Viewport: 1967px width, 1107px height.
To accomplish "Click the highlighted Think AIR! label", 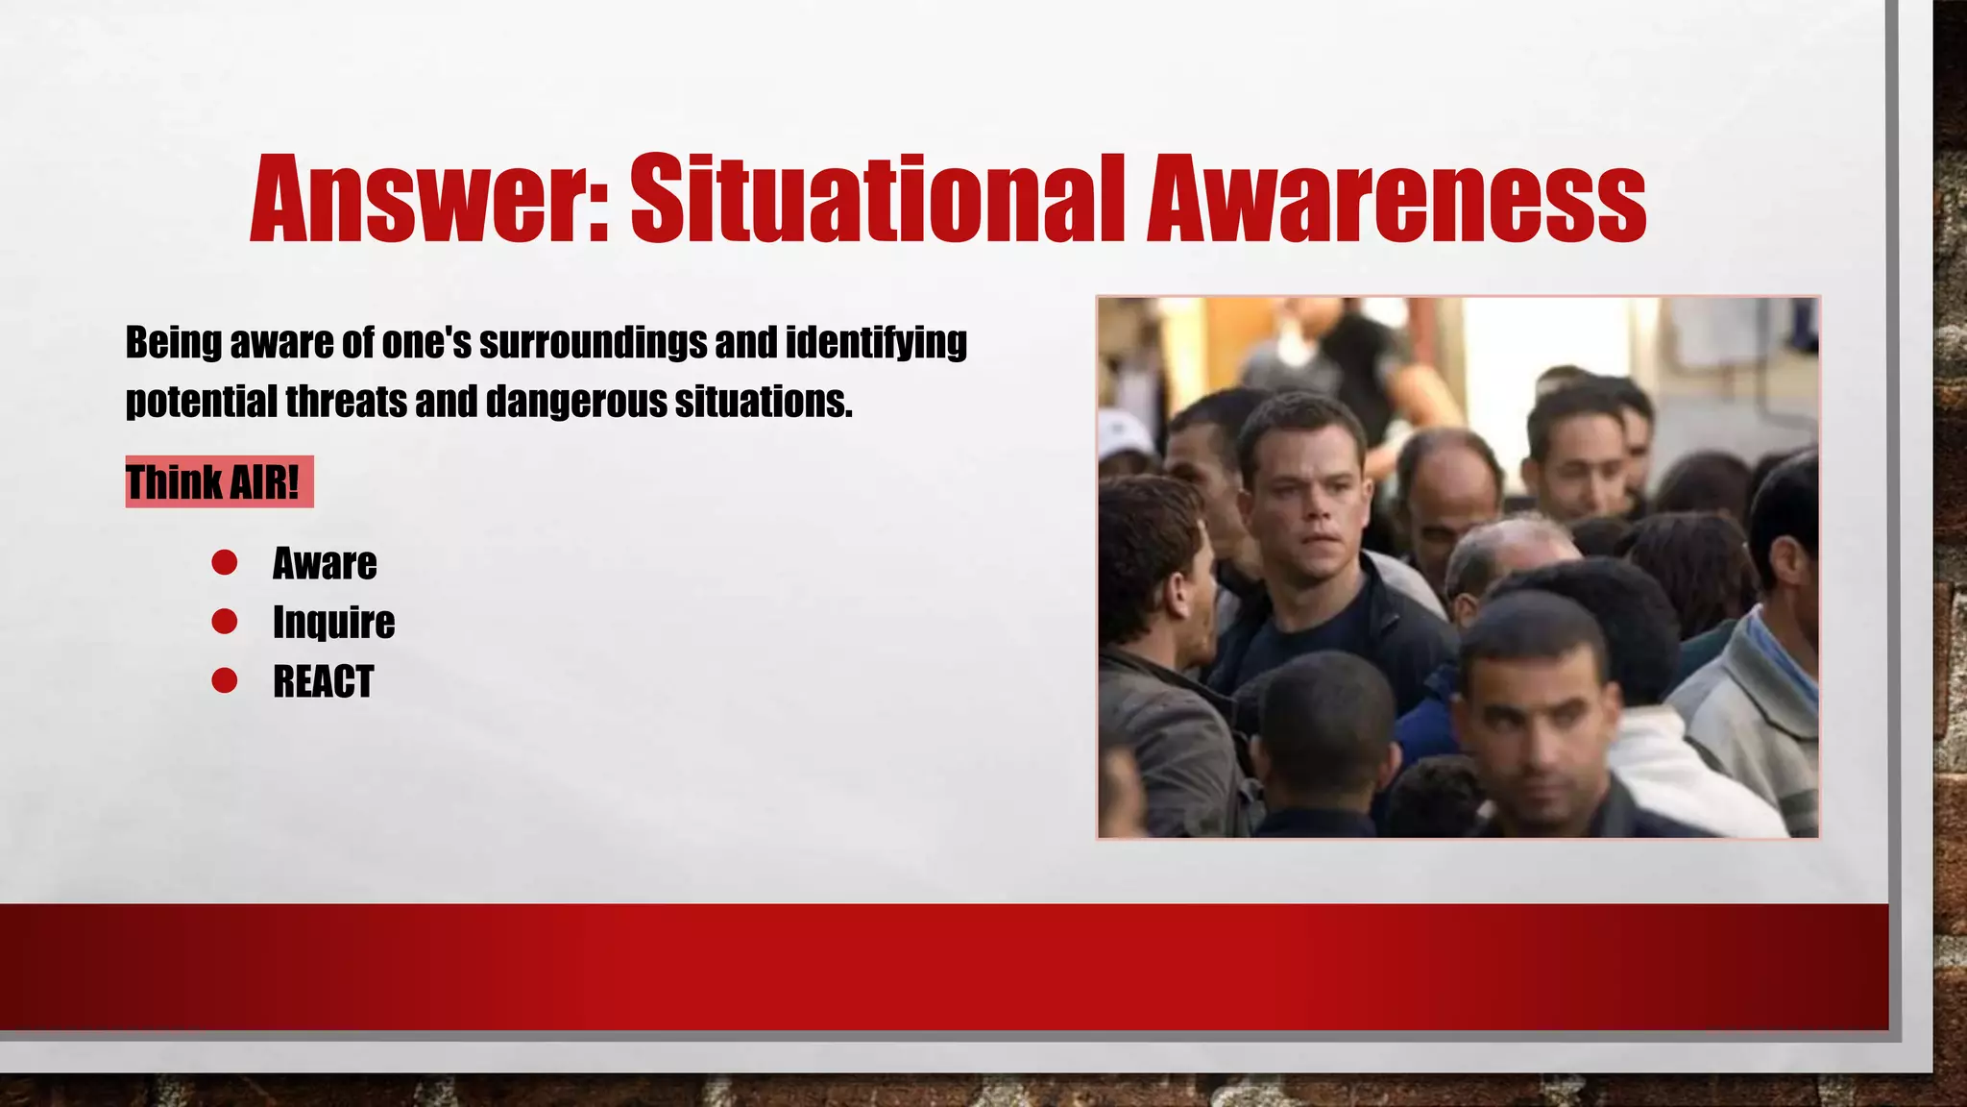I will coord(218,482).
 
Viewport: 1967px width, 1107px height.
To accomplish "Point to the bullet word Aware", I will coord(325,564).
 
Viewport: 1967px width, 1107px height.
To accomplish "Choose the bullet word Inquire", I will coord(333,623).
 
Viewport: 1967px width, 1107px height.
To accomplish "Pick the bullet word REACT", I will coord(323,682).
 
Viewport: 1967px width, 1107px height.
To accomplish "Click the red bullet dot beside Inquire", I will coord(224,622).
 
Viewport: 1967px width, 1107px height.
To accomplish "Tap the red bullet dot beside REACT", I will coord(224,681).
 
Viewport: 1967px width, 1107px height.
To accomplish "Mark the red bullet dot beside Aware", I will coord(224,562).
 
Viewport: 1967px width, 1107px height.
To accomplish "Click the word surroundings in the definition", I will coord(593,343).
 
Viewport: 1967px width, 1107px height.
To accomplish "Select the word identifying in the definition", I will coord(876,343).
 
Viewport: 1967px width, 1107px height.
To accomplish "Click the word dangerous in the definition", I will coord(576,402).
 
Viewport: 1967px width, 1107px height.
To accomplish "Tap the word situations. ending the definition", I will coord(764,402).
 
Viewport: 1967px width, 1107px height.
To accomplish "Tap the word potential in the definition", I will coord(202,402).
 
